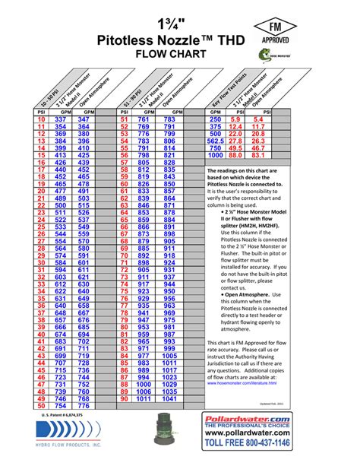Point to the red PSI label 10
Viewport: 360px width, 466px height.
(42, 120)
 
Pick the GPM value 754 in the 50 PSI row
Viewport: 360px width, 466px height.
(62, 406)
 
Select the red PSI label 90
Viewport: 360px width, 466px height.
(122, 398)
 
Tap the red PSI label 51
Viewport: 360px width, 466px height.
(122, 120)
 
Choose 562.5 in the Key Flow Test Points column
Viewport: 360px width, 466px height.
(215, 141)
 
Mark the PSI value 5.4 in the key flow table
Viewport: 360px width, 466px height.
(259, 120)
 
